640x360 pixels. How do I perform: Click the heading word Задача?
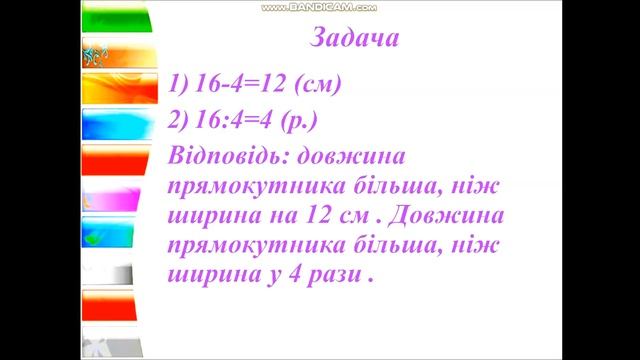pyautogui.click(x=356, y=41)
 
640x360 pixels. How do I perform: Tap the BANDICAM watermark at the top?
pyautogui.click(x=319, y=7)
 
